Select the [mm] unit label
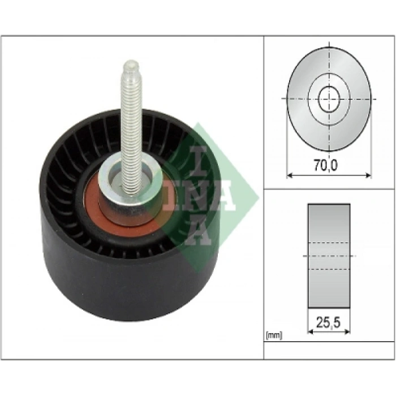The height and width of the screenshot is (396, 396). tap(273, 335)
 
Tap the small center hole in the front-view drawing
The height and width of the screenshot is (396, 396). tap(329, 99)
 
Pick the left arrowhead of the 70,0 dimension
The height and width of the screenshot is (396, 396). tap(290, 176)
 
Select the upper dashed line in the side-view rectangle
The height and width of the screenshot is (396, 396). tap(329, 242)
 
